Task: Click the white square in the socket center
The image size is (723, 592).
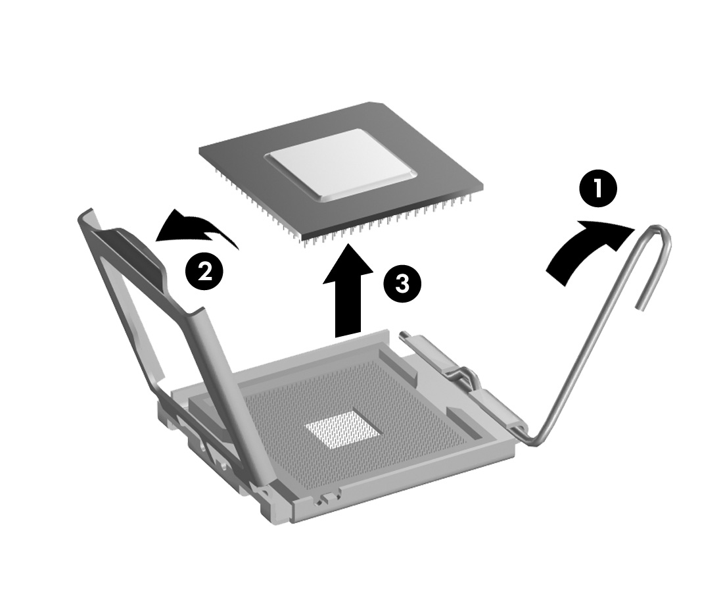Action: [x=342, y=432]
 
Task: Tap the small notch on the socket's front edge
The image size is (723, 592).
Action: [x=322, y=501]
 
